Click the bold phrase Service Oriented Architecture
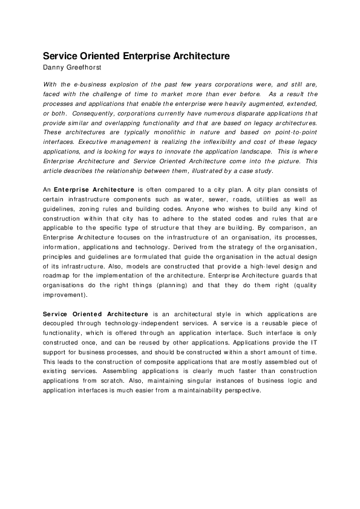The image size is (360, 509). [96, 314]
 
